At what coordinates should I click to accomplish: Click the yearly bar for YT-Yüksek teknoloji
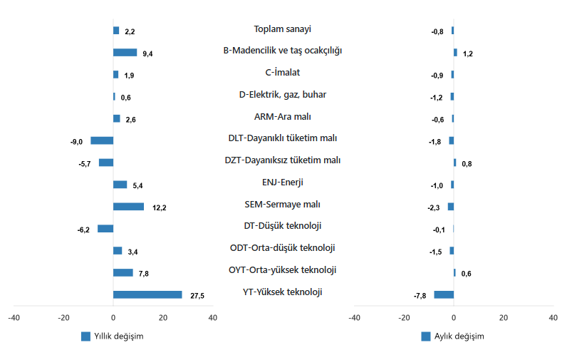click(147, 294)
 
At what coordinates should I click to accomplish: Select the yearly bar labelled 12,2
click(128, 207)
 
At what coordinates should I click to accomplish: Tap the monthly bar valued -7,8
click(444, 294)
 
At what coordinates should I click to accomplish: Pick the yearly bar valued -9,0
click(102, 140)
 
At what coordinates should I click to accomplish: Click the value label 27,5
click(197, 296)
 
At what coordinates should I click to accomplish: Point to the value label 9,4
click(147, 53)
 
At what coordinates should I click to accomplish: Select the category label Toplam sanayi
click(283, 29)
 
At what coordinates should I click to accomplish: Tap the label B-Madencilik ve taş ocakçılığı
click(283, 51)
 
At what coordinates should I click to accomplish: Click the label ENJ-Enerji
click(283, 182)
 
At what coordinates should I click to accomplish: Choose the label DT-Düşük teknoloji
click(283, 226)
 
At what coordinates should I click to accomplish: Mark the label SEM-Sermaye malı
click(283, 205)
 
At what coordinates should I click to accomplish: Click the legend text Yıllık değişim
click(119, 336)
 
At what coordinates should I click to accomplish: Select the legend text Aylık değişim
click(459, 336)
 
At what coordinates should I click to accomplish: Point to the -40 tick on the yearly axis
click(14, 318)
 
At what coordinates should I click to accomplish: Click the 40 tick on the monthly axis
click(553, 318)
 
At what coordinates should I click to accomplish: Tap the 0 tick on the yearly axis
click(113, 318)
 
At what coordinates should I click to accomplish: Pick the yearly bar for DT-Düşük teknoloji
click(105, 228)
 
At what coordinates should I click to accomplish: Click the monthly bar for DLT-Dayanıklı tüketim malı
click(452, 140)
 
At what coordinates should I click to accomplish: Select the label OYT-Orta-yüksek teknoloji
click(283, 269)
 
